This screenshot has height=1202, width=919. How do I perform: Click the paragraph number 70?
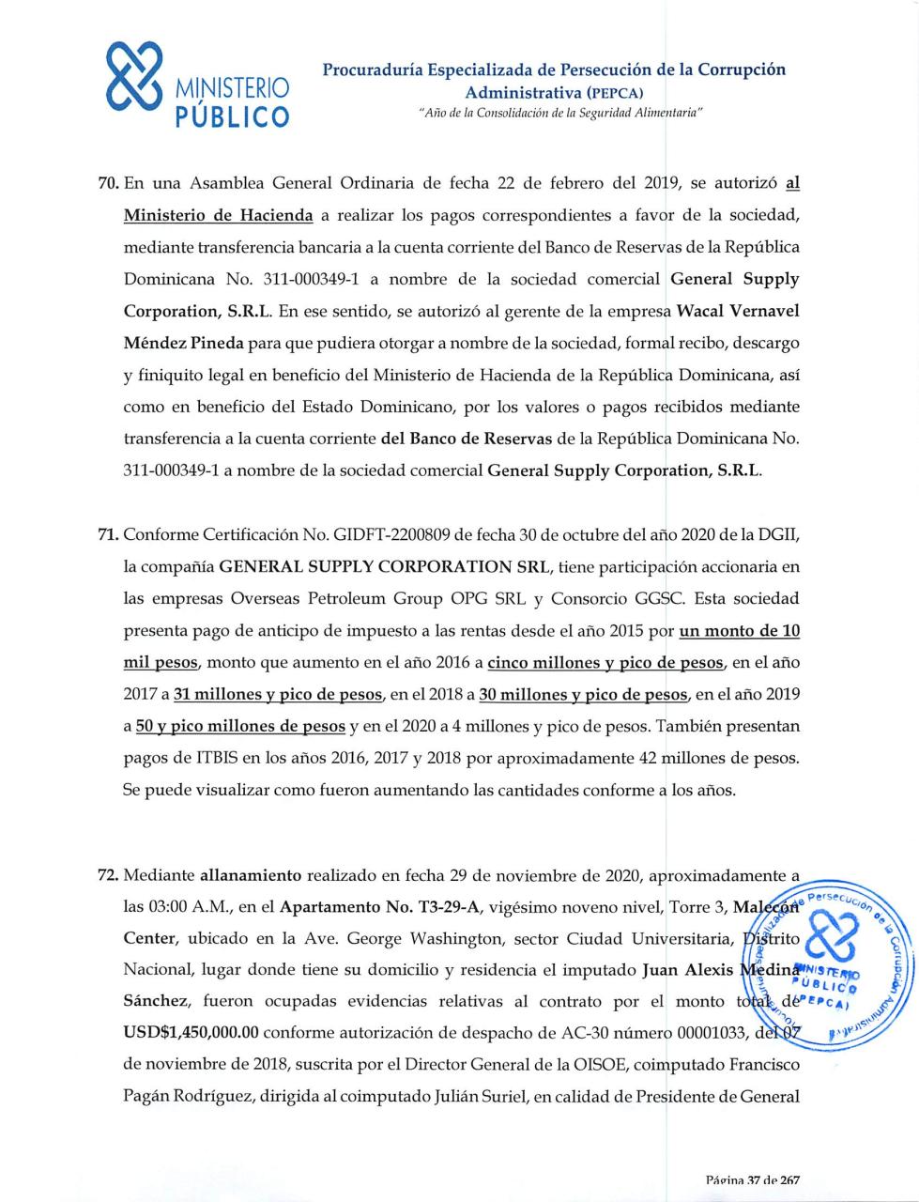[x=109, y=183]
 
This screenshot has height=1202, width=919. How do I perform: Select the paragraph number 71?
[x=109, y=534]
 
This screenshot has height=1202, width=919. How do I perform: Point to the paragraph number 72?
[x=109, y=875]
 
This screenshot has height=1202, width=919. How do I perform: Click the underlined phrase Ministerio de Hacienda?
[x=218, y=215]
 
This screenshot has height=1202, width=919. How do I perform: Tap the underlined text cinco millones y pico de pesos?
[x=605, y=663]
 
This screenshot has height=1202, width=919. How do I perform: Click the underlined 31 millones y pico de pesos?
[x=278, y=695]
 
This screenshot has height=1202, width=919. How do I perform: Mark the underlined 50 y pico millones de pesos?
[x=240, y=727]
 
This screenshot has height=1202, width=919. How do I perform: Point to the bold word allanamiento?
[x=251, y=875]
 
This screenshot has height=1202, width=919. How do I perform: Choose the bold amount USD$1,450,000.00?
[x=191, y=1033]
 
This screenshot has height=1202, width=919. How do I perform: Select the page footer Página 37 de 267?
[x=753, y=1179]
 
